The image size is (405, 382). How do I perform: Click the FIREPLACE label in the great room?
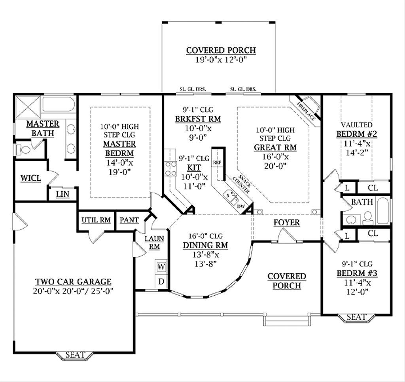click(x=306, y=111)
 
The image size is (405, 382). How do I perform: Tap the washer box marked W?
click(x=161, y=267)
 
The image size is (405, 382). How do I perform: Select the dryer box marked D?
click(x=161, y=282)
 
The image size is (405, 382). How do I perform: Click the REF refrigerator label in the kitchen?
click(x=217, y=163)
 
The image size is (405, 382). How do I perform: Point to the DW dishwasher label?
click(x=241, y=206)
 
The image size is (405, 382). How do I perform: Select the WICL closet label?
click(x=30, y=178)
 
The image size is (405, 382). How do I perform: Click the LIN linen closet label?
click(x=61, y=194)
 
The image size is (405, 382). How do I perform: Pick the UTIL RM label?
click(x=95, y=220)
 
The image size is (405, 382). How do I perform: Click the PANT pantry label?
click(x=129, y=220)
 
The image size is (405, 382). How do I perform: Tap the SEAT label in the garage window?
click(x=75, y=355)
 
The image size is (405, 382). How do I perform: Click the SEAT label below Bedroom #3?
click(x=356, y=317)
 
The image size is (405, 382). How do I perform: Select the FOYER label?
click(x=286, y=222)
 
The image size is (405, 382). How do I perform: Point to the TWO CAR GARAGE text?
click(x=73, y=282)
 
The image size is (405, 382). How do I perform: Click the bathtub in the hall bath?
click(x=383, y=210)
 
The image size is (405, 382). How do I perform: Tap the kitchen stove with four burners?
click(x=171, y=169)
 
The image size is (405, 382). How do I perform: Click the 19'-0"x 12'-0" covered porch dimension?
click(x=221, y=60)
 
